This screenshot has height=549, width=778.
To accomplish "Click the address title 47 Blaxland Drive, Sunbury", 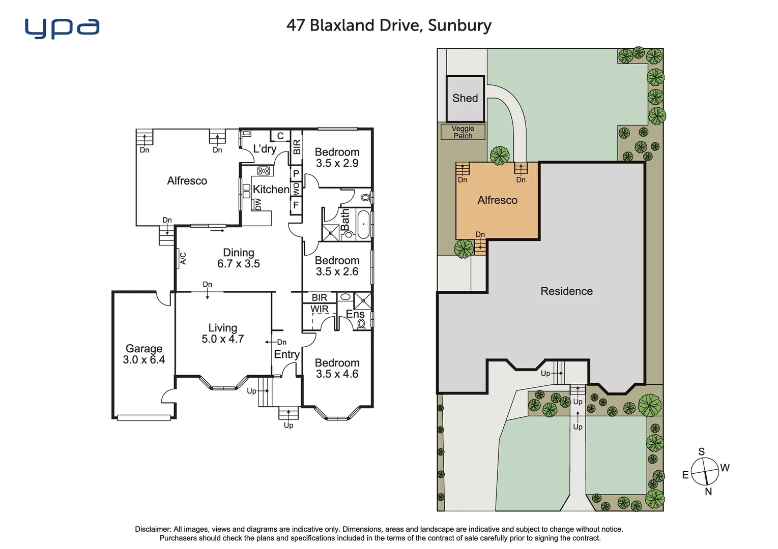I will [389, 25].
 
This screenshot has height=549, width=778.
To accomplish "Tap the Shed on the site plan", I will [465, 99].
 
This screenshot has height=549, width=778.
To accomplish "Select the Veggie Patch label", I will [463, 132].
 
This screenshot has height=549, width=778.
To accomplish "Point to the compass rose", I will [705, 471].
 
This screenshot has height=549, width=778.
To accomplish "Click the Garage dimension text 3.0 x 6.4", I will [143, 360].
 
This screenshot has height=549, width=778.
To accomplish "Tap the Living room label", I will [222, 328].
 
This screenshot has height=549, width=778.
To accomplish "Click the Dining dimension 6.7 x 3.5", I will [238, 264].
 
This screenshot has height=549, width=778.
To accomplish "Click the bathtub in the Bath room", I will [363, 224].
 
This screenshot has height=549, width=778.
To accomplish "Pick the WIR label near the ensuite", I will [320, 309].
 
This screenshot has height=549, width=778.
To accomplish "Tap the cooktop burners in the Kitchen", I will [263, 171].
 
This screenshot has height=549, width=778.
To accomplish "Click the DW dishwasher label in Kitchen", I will [258, 204].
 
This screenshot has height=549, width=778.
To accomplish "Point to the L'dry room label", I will [265, 149].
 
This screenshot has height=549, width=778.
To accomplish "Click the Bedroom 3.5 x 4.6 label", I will [337, 369].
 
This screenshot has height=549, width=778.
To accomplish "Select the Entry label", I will [286, 354].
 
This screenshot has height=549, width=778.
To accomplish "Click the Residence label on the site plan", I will [566, 291].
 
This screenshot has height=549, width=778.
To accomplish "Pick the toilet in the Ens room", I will [361, 323].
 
